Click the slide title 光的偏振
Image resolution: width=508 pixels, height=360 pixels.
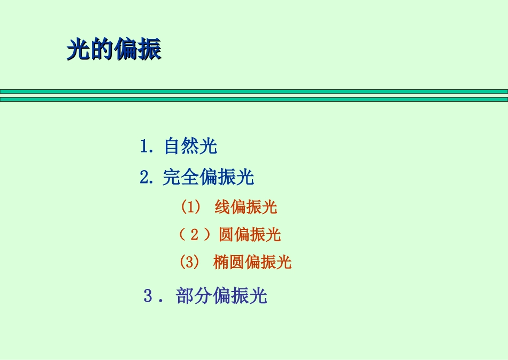114,50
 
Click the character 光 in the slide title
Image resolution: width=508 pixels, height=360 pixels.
79,50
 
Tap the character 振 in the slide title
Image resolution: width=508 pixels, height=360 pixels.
150,50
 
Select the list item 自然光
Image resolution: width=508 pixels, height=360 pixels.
190,146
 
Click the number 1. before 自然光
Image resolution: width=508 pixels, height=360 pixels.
147,146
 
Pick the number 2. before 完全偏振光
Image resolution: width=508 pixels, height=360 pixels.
147,177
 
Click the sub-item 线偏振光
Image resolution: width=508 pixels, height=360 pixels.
246,207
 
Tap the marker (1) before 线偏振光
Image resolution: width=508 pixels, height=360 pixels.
190,207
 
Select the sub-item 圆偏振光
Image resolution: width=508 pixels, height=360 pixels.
250,234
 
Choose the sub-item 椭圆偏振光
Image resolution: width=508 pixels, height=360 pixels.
252,262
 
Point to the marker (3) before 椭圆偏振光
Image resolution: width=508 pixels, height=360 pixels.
190,262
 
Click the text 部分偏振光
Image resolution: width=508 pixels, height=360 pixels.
221,296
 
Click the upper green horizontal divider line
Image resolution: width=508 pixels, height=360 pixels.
254,91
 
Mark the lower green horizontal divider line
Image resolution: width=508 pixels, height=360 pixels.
254,99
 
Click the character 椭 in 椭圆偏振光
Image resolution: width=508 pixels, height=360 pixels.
221,262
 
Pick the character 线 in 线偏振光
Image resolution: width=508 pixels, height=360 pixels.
222,207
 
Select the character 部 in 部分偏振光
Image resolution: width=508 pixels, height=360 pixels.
184,296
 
